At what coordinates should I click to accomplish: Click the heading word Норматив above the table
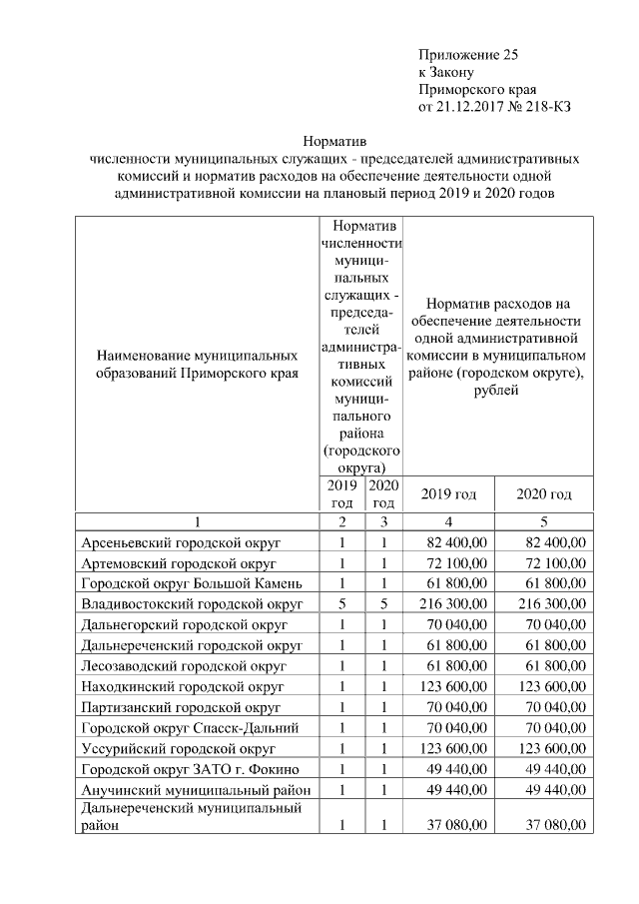[334, 142]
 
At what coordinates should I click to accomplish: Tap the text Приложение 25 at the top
[468, 55]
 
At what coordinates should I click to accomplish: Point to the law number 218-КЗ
[545, 106]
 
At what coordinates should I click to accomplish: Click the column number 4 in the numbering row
[448, 521]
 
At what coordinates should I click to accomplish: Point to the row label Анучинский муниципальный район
[194, 789]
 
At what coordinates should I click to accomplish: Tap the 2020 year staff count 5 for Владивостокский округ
[383, 604]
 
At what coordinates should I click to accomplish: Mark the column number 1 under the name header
[198, 521]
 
